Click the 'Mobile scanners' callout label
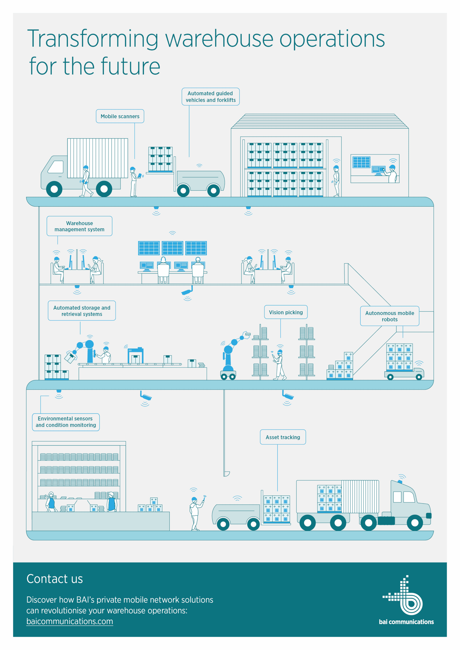click(120, 116)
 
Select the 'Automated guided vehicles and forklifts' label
click(211, 96)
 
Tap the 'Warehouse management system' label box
click(79, 226)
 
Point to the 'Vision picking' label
click(286, 312)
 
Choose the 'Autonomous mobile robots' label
click(389, 316)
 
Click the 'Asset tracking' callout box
click(283, 437)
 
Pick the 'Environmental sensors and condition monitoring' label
click(66, 422)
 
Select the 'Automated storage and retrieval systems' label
click(82, 311)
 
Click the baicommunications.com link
click(70, 621)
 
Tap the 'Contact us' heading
click(55, 579)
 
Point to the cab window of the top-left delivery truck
click(56, 167)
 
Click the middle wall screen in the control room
click(172, 248)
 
